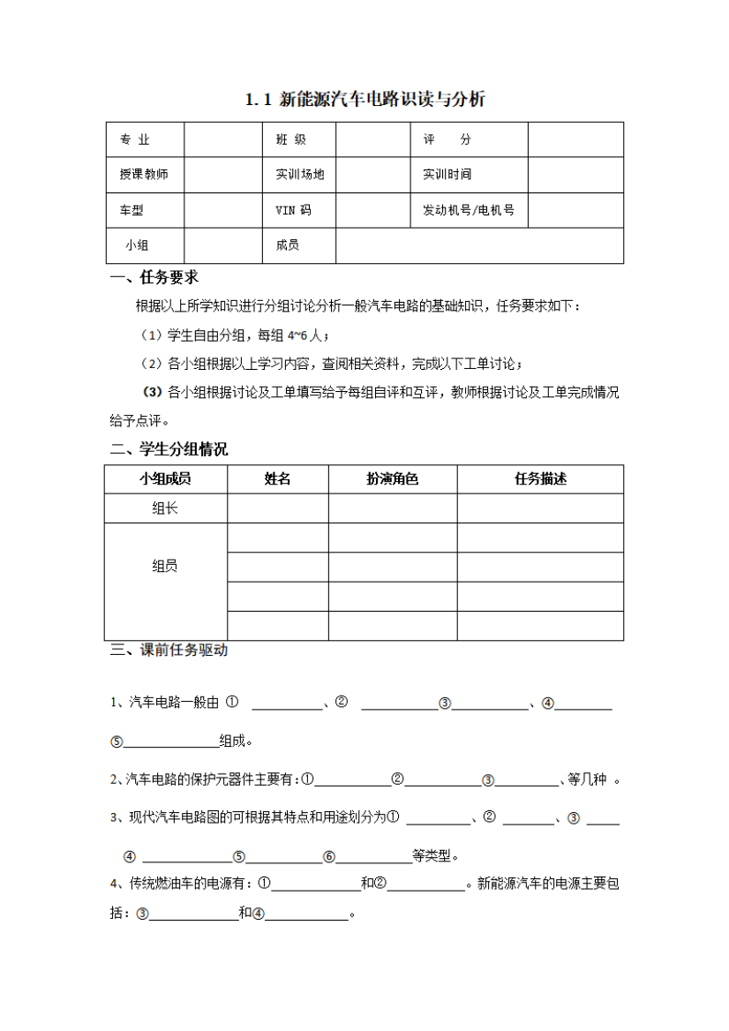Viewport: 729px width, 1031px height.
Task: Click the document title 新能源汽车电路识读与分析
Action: [x=364, y=100]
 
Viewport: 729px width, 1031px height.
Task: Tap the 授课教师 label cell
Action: [x=144, y=175]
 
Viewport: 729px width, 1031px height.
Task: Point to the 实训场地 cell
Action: [x=300, y=175]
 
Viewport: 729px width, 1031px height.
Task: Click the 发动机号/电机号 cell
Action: [x=469, y=210]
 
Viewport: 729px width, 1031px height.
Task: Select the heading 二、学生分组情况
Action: [x=169, y=449]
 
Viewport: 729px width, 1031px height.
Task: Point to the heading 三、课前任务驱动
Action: [x=169, y=651]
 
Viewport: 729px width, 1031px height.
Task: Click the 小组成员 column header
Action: [x=165, y=479]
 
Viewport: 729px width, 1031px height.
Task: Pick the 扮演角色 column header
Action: [x=392, y=479]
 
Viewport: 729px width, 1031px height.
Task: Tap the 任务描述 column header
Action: [x=540, y=479]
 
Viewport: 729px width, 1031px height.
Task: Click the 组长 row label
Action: [x=165, y=508]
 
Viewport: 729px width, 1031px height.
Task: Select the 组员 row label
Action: [x=165, y=566]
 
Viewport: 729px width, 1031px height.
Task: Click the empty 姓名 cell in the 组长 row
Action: [x=278, y=508]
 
